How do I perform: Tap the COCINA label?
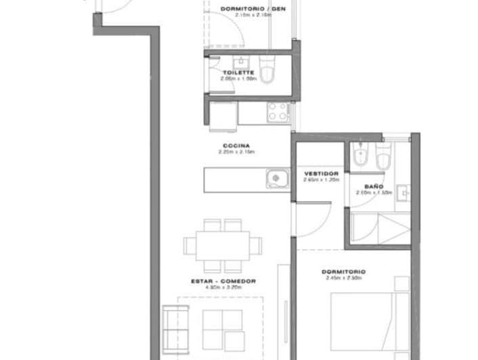pos(235,145)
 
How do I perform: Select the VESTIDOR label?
pos(321,173)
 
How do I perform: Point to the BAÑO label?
pos(374,186)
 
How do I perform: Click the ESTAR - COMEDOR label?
pos(223,281)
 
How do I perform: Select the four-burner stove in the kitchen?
pos(278,111)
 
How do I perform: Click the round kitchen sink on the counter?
pos(275,179)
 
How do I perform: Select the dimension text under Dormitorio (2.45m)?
pos(344,277)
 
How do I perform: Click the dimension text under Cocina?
pos(235,152)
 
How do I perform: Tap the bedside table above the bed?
pos(401,284)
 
